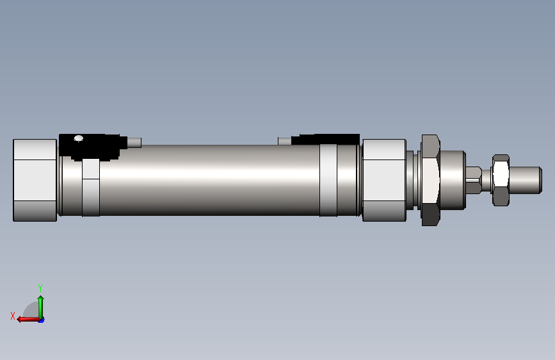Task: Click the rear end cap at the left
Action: (35, 180)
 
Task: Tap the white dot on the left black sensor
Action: (79, 138)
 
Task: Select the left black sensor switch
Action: (93, 147)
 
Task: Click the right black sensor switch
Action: (326, 140)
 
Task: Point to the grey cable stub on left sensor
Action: (134, 142)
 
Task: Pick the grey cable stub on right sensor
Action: (285, 141)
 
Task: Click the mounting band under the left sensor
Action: (91, 187)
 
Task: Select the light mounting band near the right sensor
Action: (328, 180)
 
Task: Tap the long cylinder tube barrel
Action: (209, 180)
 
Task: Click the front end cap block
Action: (384, 180)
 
